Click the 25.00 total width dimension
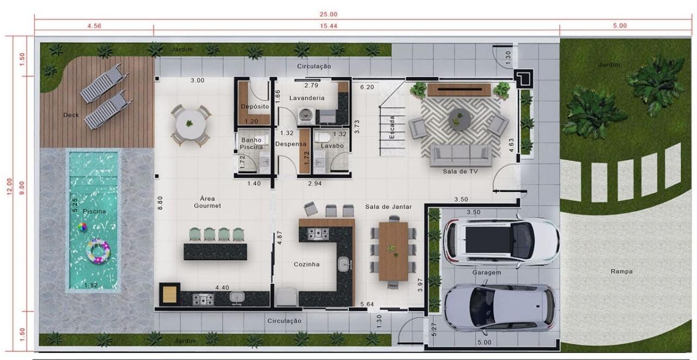click(328, 14)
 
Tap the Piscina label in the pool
click(94, 211)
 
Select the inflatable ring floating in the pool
click(99, 252)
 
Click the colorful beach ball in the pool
click(82, 227)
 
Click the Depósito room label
click(255, 106)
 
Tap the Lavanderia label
click(307, 98)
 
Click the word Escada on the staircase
click(392, 127)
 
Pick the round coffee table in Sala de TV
click(459, 119)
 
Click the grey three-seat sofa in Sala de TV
click(461, 156)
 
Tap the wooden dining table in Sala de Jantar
click(393, 252)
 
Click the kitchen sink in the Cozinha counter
click(344, 264)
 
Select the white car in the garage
click(501, 241)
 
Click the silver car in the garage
click(499, 307)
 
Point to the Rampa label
click(621, 271)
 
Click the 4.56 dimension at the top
click(94, 26)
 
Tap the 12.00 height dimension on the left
click(9, 187)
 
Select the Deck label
click(71, 115)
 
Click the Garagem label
click(487, 272)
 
